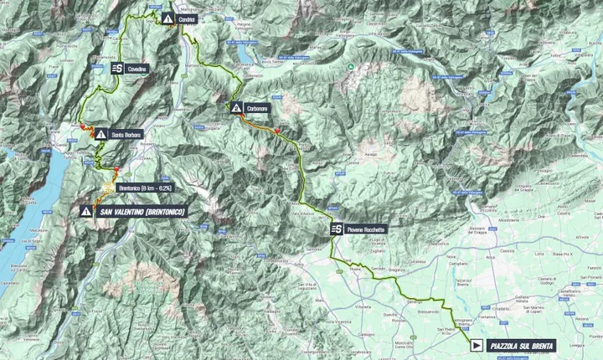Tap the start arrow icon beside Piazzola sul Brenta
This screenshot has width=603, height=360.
pos(476,344)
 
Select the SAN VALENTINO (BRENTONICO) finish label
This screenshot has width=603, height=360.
pos(142,212)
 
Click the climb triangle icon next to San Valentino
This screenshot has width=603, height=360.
pos(86,212)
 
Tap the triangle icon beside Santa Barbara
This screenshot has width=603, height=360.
pos(100,134)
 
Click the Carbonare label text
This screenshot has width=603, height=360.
pos(259,108)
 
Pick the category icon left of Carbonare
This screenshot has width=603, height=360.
pos(237,108)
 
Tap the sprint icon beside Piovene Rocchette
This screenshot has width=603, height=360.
pos(336,229)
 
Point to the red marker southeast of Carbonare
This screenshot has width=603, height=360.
pos(276,130)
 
